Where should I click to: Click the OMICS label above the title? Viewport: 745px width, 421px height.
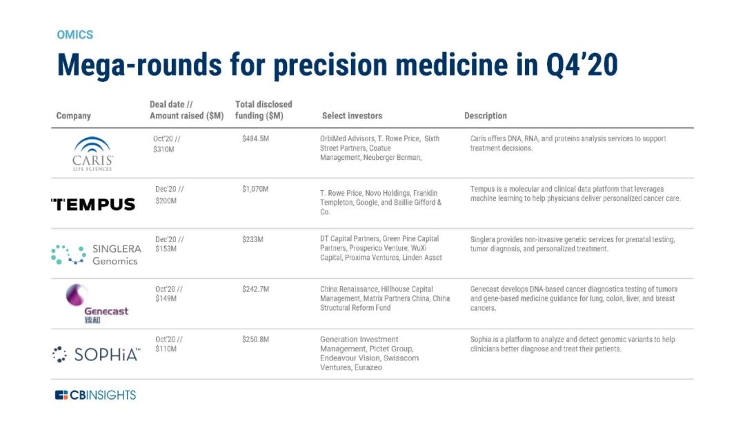coord(74,35)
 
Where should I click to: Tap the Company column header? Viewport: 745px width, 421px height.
coord(73,116)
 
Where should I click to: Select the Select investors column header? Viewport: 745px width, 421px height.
coord(352,116)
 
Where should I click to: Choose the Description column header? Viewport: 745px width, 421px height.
coord(486,116)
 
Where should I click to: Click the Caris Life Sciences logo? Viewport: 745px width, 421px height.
coord(92,154)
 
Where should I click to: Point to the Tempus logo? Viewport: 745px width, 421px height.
coord(93,204)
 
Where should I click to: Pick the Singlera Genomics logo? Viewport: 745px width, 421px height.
coord(96,254)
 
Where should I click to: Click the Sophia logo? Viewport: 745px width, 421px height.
coord(97,354)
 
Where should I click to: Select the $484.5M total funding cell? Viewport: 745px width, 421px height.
coord(255,139)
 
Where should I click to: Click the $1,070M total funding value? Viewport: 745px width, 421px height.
coord(255,189)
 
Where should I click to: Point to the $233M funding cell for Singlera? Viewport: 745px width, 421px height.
coord(252,239)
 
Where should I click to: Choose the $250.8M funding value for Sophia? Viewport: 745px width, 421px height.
coord(255,340)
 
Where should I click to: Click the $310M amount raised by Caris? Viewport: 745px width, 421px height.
coord(164,149)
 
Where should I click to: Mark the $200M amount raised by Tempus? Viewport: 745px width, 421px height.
coord(166,201)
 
